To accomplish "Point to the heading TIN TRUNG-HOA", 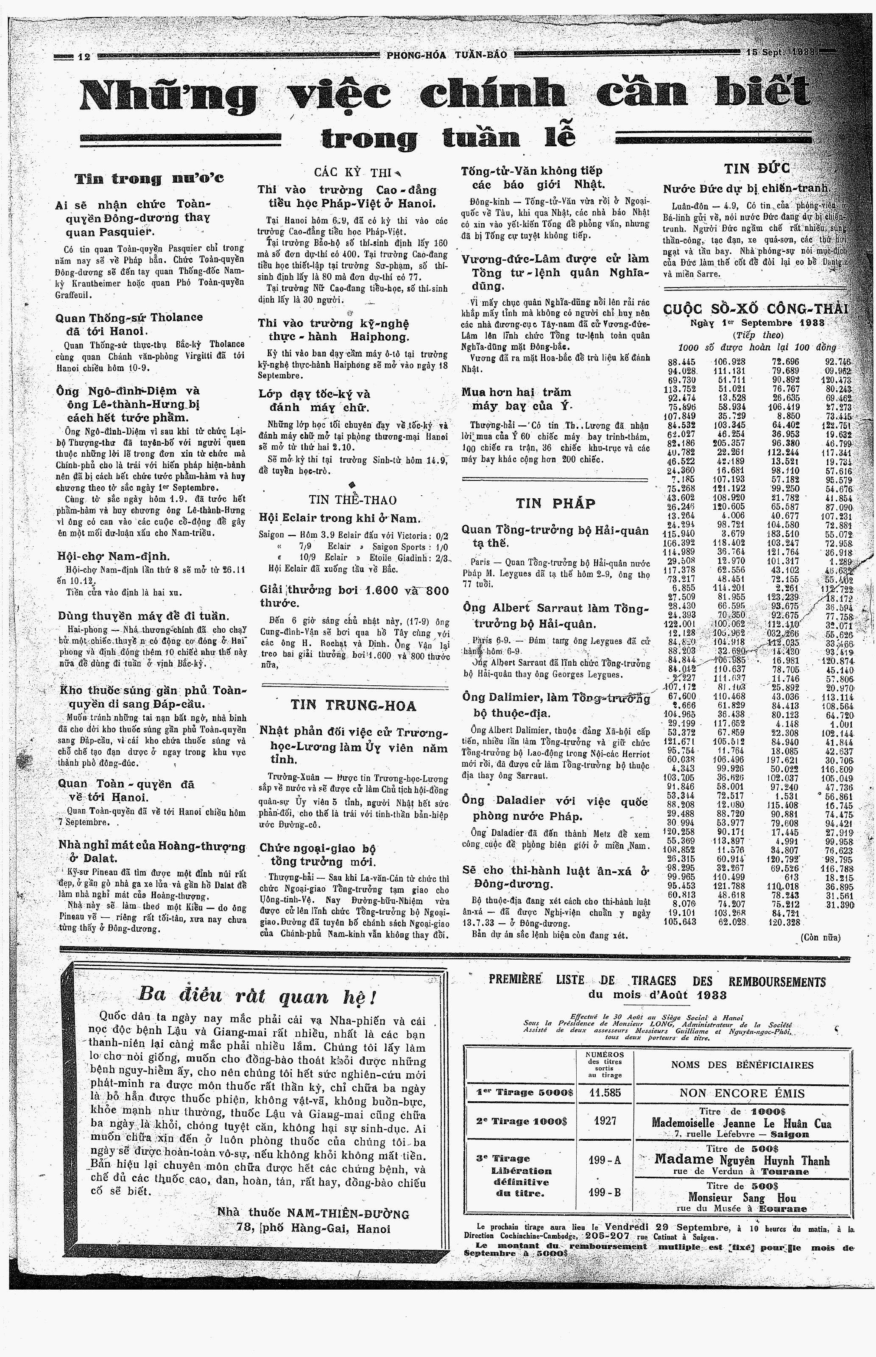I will pyautogui.click(x=353, y=706).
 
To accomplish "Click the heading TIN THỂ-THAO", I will pyautogui.click(x=353, y=500).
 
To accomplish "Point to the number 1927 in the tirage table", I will pyautogui.click(x=605, y=1120).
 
